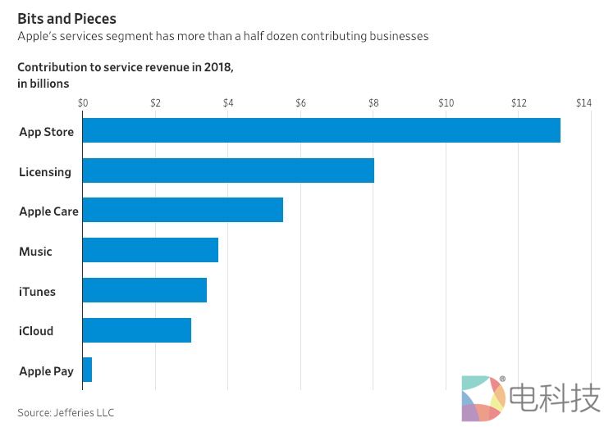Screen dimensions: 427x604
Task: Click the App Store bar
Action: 321,131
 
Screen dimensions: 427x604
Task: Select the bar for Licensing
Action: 228,170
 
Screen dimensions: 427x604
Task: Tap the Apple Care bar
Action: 182,210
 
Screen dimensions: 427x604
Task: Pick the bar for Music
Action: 150,250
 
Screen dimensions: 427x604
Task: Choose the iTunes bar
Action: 144,290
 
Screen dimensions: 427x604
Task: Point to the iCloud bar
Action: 136,330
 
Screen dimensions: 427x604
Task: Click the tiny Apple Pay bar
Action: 87,370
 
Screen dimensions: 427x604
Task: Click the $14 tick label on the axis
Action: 583,103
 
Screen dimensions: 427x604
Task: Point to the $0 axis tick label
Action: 83,103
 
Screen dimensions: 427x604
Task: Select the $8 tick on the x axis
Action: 373,103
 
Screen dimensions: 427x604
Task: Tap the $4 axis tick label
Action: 228,103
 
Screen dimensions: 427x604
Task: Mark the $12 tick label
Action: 519,103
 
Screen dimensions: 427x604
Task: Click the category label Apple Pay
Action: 46,371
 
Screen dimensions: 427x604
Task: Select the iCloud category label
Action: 36,331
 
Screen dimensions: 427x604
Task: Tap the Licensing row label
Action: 45,172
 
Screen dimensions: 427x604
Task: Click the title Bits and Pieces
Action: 66,18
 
